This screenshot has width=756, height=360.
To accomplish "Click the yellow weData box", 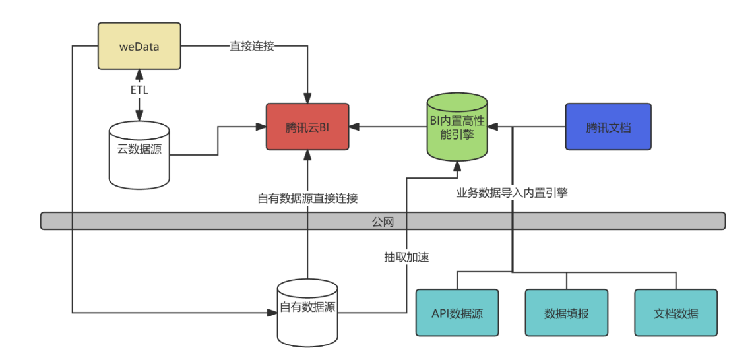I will (x=139, y=46).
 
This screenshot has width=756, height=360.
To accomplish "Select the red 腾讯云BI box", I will (x=307, y=126).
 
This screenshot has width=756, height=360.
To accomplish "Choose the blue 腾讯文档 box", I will (x=608, y=126).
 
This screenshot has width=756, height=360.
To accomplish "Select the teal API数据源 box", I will (x=457, y=313).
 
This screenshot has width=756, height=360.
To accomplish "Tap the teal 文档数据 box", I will (x=676, y=313).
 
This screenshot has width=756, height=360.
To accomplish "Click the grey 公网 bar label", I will (x=383, y=222).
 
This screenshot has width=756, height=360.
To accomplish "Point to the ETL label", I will (x=139, y=90).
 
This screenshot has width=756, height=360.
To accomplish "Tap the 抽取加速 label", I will (x=407, y=257).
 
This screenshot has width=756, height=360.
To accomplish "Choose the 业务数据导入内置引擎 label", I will (x=513, y=194).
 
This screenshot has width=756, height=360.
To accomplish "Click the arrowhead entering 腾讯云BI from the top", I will (x=307, y=98).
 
